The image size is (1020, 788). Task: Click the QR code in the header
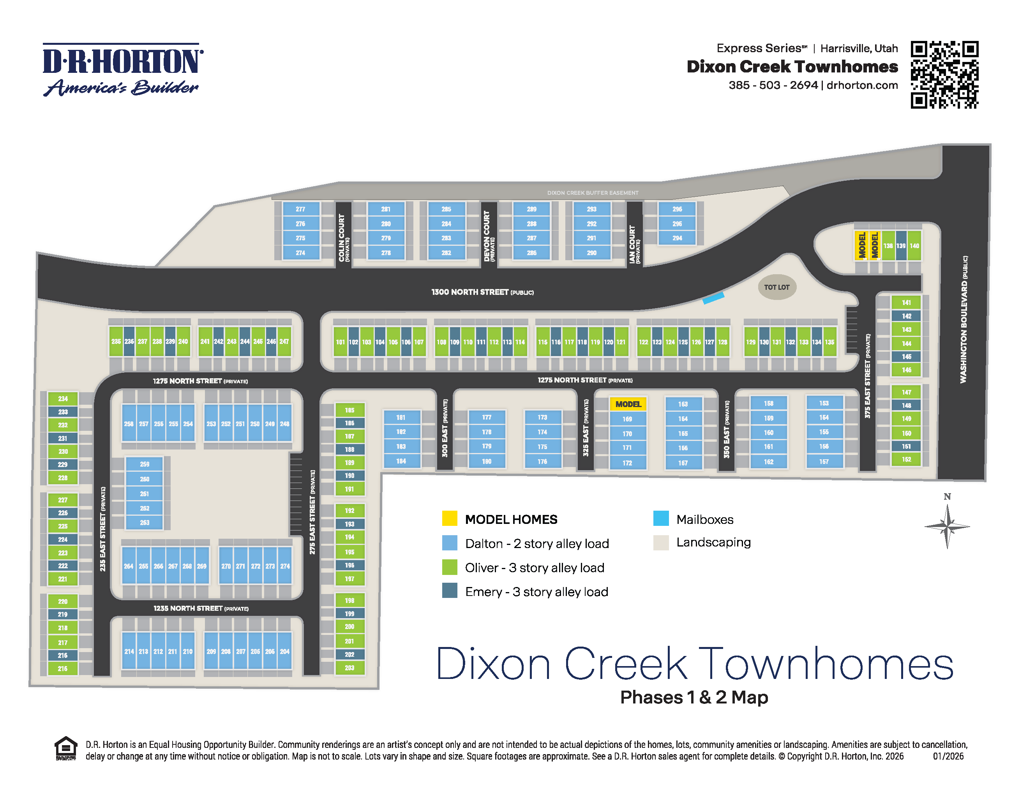(x=944, y=75)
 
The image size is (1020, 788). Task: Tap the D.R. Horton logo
(x=123, y=70)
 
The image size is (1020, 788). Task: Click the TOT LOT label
(x=776, y=287)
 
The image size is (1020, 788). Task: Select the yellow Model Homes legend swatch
(x=449, y=518)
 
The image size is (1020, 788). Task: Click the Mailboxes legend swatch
(x=661, y=518)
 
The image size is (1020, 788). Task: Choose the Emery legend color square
(x=449, y=591)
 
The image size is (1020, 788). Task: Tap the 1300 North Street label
(x=482, y=292)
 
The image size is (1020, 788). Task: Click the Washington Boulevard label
(x=964, y=319)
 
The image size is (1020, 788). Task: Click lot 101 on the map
(x=340, y=342)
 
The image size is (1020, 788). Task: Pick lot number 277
(x=300, y=209)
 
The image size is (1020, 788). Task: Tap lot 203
(x=349, y=668)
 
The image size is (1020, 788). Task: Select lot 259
(x=144, y=464)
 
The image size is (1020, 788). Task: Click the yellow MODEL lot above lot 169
(x=628, y=404)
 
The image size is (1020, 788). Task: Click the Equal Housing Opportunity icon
(x=65, y=748)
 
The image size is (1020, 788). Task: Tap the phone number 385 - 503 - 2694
(x=773, y=85)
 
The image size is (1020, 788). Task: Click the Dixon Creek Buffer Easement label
(x=593, y=193)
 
